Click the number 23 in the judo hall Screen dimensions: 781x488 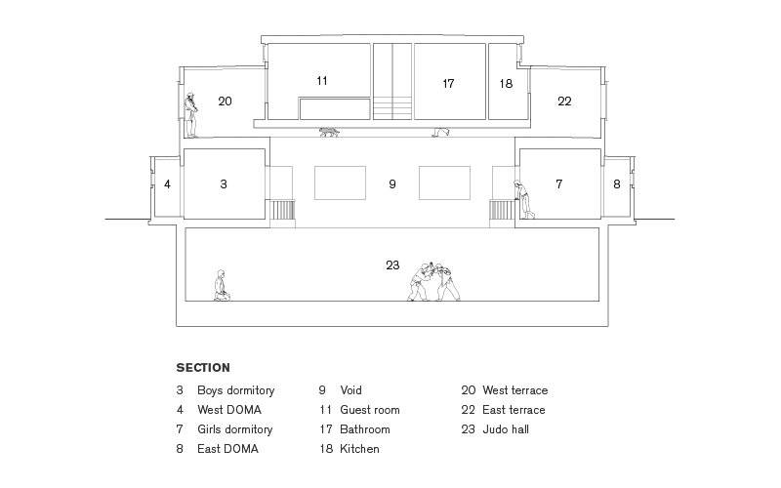392,264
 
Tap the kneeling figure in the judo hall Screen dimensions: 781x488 222,285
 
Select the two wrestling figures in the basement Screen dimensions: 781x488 433,282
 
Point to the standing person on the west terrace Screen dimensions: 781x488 190,115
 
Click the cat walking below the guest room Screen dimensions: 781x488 329,132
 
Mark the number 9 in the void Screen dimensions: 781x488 392,184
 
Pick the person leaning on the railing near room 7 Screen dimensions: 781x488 524,199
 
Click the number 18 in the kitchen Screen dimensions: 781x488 506,84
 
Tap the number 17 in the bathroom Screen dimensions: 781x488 448,84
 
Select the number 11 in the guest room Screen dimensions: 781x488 322,81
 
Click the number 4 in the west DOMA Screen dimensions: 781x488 167,184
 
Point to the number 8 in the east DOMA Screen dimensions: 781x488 617,184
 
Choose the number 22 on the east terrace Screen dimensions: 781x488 564,102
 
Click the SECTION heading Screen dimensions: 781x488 203,368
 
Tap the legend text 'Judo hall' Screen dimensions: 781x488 506,429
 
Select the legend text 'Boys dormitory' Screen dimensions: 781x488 235,390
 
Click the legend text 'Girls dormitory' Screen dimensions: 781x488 234,429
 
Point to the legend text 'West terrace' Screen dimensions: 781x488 515,390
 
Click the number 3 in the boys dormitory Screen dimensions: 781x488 224,184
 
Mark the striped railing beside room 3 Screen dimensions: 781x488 282,210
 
